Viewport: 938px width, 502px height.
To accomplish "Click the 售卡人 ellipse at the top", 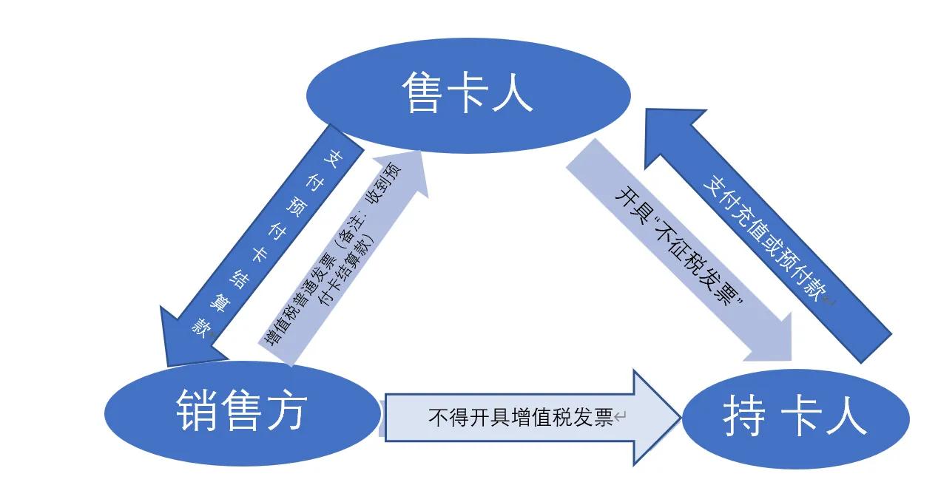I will [x=468, y=95].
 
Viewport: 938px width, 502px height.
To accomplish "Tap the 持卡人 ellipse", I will [x=795, y=418].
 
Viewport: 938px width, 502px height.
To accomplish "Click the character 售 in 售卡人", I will [x=421, y=92].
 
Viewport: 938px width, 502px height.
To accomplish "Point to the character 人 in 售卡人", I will [x=513, y=93].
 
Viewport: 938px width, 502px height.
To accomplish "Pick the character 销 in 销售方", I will [x=196, y=410].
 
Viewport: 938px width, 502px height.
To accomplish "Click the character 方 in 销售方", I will [x=287, y=410].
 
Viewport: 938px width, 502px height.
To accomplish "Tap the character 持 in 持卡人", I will [x=744, y=418].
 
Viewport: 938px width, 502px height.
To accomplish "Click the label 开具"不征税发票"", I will [x=681, y=248].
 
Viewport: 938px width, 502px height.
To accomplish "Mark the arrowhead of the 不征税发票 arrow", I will [x=769, y=336].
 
